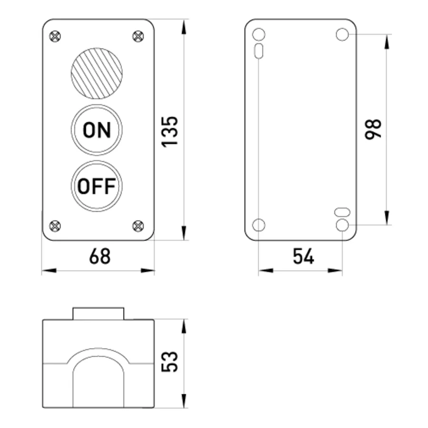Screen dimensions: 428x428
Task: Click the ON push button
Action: (x=97, y=130)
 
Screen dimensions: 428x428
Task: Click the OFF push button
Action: (x=97, y=186)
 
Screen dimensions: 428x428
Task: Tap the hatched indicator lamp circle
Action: (x=97, y=73)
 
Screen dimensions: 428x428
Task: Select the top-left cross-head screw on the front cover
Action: (x=55, y=36)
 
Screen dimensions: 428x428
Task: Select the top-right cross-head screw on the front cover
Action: (x=138, y=36)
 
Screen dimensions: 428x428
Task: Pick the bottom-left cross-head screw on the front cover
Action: (x=55, y=226)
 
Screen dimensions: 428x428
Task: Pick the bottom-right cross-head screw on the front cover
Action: (x=138, y=226)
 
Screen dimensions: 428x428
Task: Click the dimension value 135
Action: (x=170, y=132)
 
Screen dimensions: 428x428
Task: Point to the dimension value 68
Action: (x=100, y=256)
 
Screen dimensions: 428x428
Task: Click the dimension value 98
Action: (x=373, y=129)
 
